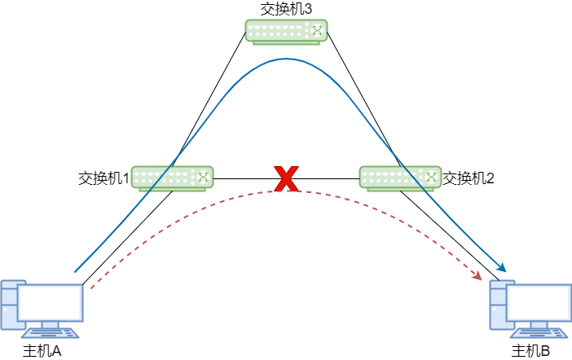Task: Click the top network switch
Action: pos(286,31)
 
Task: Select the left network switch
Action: pos(172,178)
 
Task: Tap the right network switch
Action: pos(400,178)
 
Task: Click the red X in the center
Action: pos(286,178)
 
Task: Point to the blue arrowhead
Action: pos(502,267)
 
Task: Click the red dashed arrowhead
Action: pos(477,276)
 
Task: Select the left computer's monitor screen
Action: pos(51,303)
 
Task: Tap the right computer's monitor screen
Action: pos(539,303)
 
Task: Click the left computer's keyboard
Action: pos(51,333)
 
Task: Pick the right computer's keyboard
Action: pos(539,333)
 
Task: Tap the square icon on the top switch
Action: pos(317,30)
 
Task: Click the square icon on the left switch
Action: pos(203,177)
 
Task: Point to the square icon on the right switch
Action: pos(431,177)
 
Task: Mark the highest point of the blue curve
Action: pos(286,59)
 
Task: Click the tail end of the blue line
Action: pos(75,272)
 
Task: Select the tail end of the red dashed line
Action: pos(92,288)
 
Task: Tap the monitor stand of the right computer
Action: pos(539,325)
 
